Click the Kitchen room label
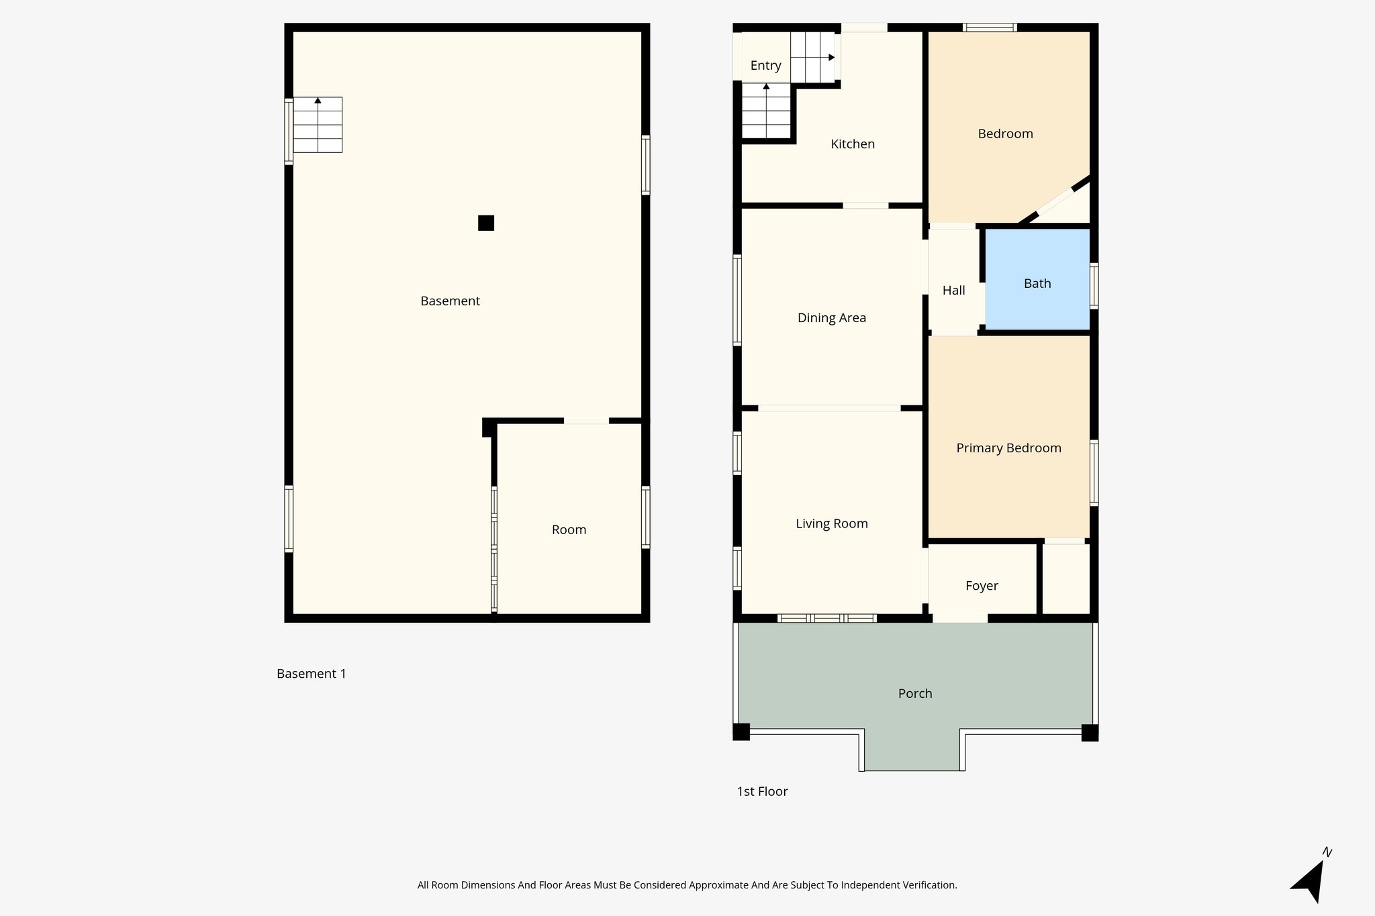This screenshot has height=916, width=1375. (x=853, y=144)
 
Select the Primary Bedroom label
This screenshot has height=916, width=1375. (x=1008, y=448)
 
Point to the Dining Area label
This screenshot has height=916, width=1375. (x=831, y=317)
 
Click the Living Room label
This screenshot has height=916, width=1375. (x=831, y=523)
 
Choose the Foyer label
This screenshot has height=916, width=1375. (x=982, y=586)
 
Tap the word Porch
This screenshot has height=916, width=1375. (x=915, y=693)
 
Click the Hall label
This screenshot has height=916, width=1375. (x=953, y=290)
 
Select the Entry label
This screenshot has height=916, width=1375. (x=765, y=65)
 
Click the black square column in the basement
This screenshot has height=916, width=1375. (x=486, y=223)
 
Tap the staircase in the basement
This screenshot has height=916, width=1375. (x=318, y=125)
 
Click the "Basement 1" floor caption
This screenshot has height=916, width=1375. (x=312, y=673)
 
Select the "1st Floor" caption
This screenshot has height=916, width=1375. (x=762, y=791)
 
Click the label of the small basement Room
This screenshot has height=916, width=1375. (x=569, y=529)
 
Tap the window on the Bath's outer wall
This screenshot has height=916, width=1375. (x=1094, y=286)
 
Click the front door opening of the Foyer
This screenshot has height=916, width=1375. (x=960, y=618)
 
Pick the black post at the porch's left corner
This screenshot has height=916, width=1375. (x=741, y=732)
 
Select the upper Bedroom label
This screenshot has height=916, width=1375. (x=1005, y=134)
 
